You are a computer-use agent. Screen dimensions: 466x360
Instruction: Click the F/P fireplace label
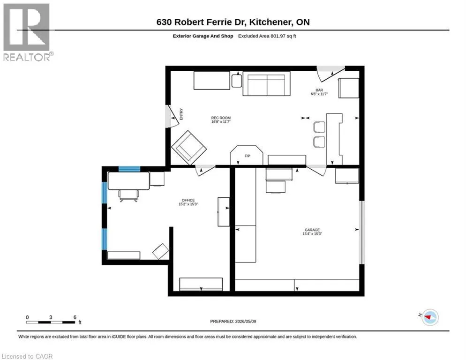click(247, 156)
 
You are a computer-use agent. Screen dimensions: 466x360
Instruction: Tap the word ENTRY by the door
click(181, 114)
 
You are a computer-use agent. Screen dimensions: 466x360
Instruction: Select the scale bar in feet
click(51, 322)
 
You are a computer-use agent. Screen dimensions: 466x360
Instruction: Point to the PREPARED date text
click(233, 322)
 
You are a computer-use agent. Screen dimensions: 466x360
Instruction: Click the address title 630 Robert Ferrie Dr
click(202, 22)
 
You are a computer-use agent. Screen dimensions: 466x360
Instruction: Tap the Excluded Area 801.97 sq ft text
click(267, 36)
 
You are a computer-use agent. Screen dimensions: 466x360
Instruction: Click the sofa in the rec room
click(267, 83)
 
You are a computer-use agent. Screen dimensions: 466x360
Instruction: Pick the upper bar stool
click(319, 127)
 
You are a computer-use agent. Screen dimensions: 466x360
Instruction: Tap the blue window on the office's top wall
click(129, 169)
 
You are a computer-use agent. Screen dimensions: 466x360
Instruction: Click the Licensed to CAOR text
click(27, 356)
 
